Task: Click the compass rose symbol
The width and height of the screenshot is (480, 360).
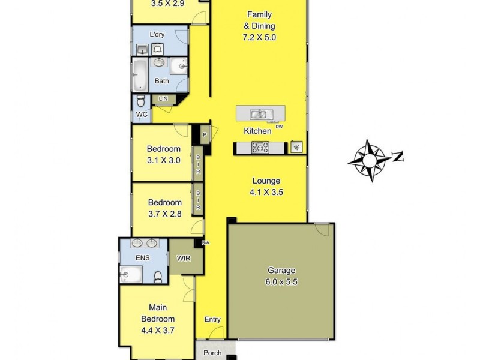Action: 368,160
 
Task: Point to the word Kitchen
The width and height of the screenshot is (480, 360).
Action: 257,131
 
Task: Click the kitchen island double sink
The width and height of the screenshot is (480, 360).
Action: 259,113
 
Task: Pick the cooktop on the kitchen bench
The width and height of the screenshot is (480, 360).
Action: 260,147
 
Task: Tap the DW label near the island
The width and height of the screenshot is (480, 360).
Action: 279,127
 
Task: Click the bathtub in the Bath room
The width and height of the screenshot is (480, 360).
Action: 139,74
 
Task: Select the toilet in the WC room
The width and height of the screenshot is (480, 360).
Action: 141,101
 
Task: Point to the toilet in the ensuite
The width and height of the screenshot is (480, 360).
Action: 158,276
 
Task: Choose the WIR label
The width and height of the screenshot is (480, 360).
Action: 183,259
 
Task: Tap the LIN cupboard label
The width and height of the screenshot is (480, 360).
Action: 163,98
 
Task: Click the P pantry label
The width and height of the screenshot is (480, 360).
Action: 205,135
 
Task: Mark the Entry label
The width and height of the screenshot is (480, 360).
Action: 212,319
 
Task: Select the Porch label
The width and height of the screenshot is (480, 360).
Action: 212,353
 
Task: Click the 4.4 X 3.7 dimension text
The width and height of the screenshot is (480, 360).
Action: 158,329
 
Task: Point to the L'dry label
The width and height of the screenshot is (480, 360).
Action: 158,34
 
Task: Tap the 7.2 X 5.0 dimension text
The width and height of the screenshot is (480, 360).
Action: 259,37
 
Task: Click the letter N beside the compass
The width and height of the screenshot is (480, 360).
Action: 397,157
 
